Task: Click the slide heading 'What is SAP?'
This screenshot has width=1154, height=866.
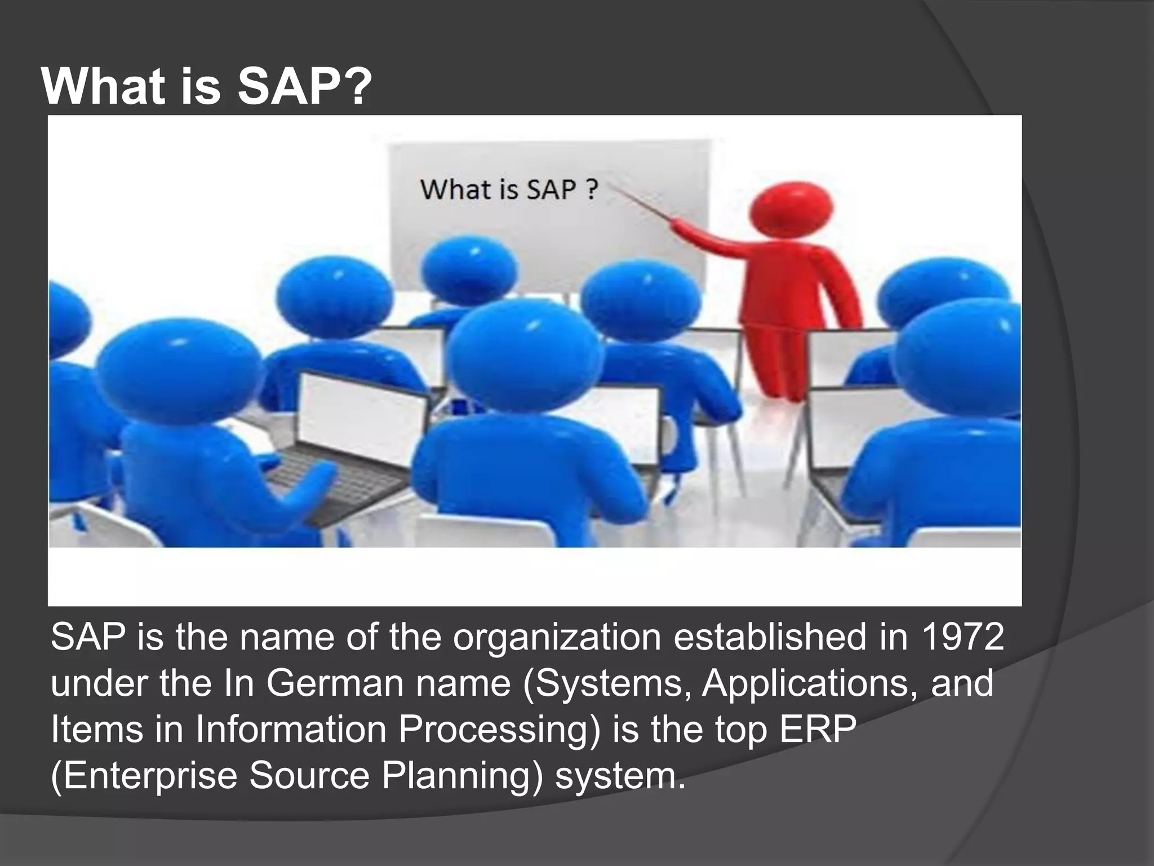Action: click(x=207, y=87)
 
